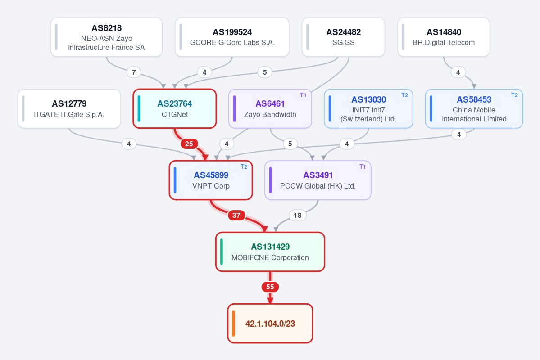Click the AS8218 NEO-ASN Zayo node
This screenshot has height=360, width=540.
106,37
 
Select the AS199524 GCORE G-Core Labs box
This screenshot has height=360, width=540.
232,37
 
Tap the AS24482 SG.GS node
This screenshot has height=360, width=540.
343,37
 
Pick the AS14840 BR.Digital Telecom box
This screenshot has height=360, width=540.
444,37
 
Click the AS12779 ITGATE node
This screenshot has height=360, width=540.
69,109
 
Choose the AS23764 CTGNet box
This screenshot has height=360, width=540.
175,109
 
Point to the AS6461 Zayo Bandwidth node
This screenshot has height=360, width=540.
270,109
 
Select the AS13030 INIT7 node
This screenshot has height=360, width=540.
368,109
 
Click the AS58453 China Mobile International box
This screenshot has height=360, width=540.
474,109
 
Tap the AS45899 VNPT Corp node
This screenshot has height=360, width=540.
211,180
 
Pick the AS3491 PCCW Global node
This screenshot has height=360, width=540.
318,180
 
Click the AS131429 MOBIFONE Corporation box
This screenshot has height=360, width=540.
270,252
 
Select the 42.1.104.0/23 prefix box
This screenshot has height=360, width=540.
270,324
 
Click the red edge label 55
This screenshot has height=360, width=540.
270,287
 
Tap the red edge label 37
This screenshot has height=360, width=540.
236,216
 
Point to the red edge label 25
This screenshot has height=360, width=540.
189,144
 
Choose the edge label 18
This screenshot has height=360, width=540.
298,216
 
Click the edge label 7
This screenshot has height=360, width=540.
134,72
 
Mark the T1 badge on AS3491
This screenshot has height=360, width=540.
363,167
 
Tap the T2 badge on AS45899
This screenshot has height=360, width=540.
244,167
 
